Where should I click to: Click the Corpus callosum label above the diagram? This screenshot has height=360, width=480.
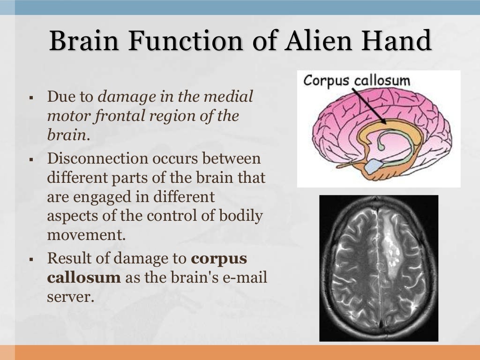click(356, 80)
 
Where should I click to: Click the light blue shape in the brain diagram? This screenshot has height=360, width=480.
click(373, 165)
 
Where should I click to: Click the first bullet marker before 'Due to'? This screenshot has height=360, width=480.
click(30, 98)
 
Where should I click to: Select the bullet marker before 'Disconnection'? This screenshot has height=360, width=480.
click(30, 159)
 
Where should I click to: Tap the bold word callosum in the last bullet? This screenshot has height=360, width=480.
click(84, 277)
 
